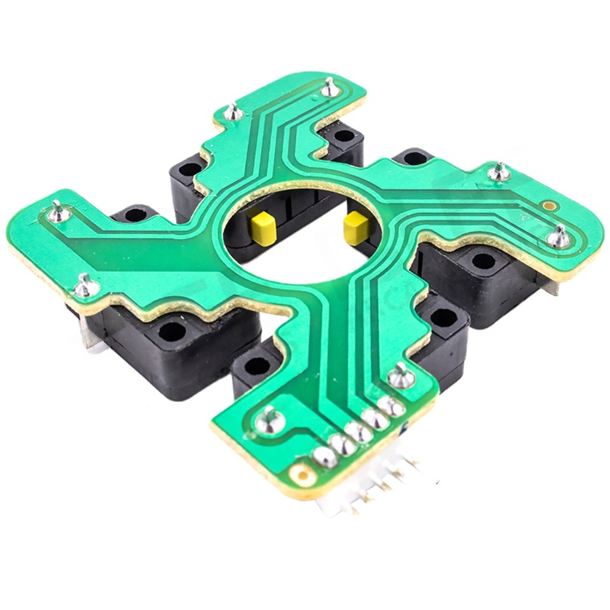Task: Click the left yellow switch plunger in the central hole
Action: pyautogui.click(x=261, y=224)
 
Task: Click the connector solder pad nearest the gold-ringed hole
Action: pyautogui.click(x=325, y=456)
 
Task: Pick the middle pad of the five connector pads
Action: pyautogui.click(x=359, y=431)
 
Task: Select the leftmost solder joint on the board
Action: pyautogui.click(x=58, y=212)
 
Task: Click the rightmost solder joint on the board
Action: pyautogui.click(x=559, y=236)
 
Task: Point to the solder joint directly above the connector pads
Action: pyautogui.click(x=400, y=377)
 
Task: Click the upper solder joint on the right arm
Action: pyautogui.click(x=499, y=172)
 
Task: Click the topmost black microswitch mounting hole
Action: pyautogui.click(x=344, y=135)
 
